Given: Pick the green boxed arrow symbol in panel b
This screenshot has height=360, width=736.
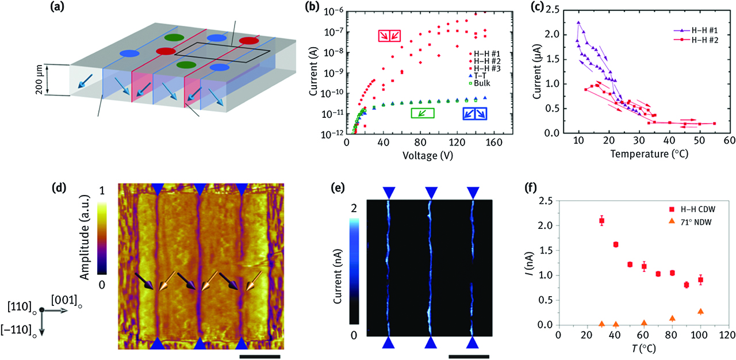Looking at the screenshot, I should coord(421,113).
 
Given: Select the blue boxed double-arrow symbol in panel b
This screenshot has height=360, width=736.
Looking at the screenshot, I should coord(475,113).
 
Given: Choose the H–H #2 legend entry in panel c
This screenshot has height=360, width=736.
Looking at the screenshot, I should coord(696,39).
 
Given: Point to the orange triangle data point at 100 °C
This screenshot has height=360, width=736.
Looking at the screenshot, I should coord(700,311).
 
